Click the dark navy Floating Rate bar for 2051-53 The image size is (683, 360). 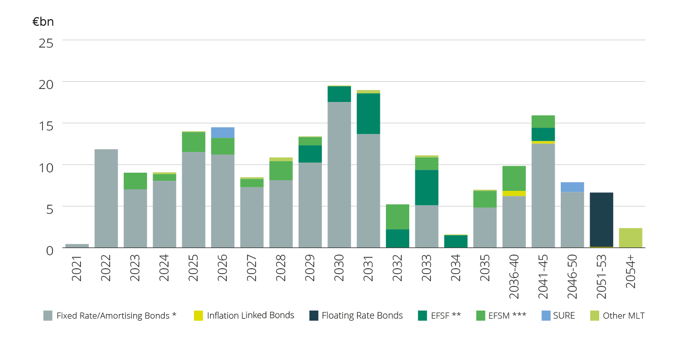pyautogui.click(x=601, y=220)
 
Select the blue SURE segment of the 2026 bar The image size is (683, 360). pyautogui.click(x=223, y=133)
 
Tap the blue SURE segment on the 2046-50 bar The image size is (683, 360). pyautogui.click(x=572, y=187)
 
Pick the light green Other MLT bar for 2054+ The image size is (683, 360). pyautogui.click(x=630, y=238)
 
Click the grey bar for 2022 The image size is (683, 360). pyautogui.click(x=106, y=198)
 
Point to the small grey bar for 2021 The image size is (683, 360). pyautogui.click(x=77, y=245)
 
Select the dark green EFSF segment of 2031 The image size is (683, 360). pyautogui.click(x=368, y=114)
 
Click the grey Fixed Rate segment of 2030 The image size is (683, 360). pyautogui.click(x=339, y=175)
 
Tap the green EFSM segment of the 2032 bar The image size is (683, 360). pyautogui.click(x=398, y=217)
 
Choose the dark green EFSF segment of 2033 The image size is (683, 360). pyautogui.click(x=427, y=187)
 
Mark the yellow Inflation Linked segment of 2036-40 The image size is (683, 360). pyautogui.click(x=514, y=193)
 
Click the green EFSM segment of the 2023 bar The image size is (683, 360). pyautogui.click(x=135, y=181)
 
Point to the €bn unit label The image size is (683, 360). pyautogui.click(x=43, y=22)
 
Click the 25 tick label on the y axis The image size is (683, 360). pyautogui.click(x=46, y=42)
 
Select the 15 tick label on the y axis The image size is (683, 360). pyautogui.click(x=46, y=125)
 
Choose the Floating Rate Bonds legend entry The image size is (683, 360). pyautogui.click(x=356, y=316)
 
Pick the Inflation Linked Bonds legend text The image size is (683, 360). pyautogui.click(x=250, y=316)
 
